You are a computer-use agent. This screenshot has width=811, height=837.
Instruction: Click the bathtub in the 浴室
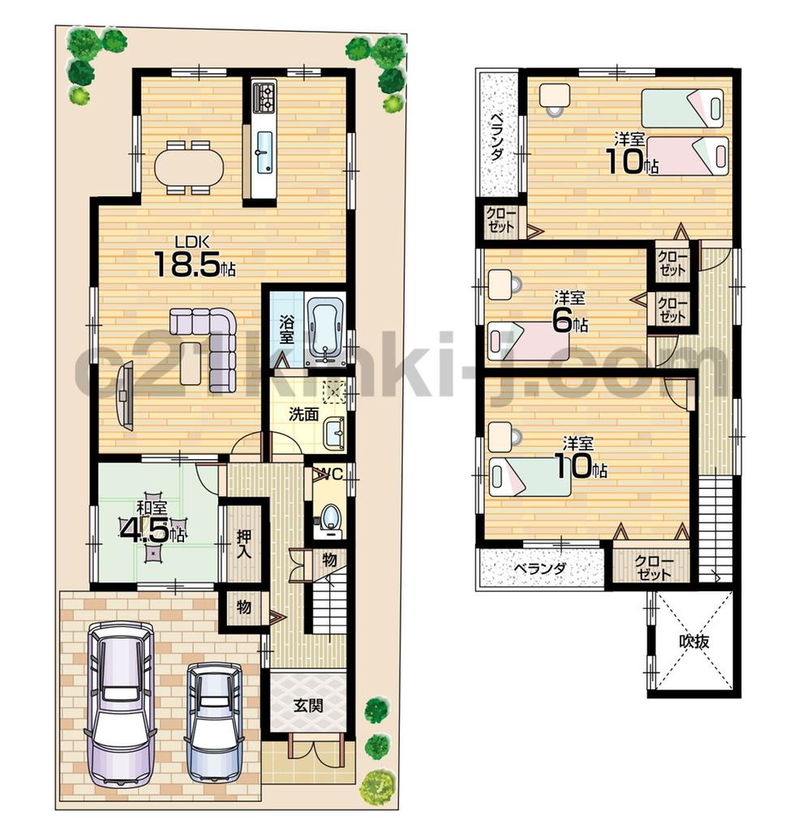click(x=326, y=328)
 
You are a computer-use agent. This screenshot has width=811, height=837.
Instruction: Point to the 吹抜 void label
click(x=695, y=642)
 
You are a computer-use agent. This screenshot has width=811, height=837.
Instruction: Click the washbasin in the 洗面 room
click(x=333, y=432)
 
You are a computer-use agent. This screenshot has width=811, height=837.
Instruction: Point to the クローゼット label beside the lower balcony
click(x=652, y=567)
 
